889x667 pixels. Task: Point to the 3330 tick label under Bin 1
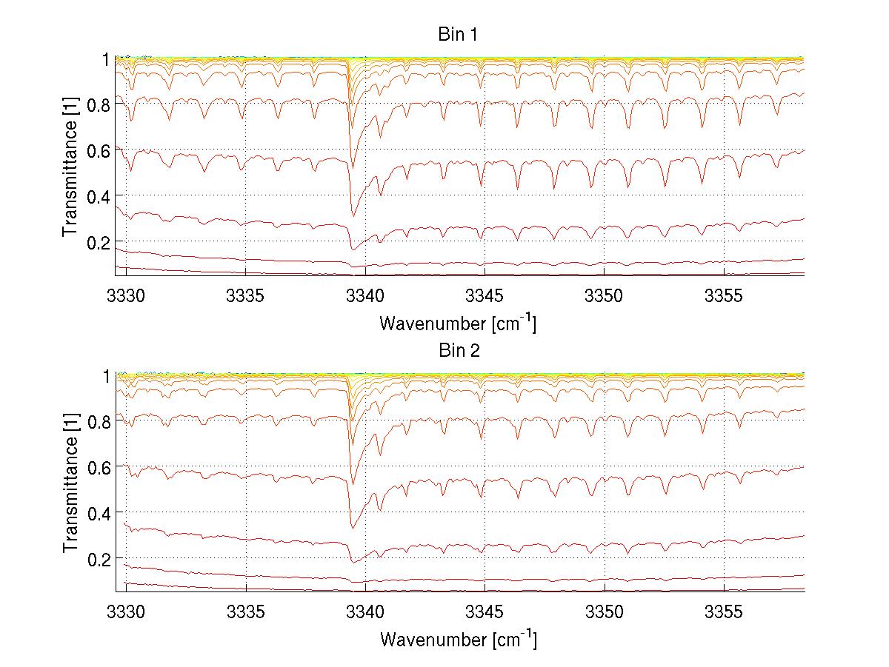point(127,295)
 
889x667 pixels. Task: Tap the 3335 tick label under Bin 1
point(246,295)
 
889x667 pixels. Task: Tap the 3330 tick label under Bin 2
point(127,611)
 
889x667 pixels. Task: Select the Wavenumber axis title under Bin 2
point(457,638)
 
